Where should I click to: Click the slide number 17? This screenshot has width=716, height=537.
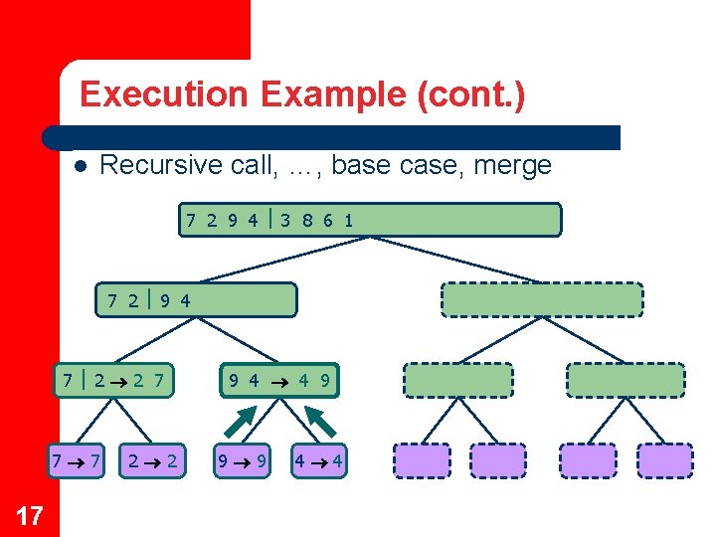click(x=30, y=514)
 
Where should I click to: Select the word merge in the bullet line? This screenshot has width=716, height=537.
click(x=512, y=165)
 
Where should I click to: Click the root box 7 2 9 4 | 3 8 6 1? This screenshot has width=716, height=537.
click(x=370, y=220)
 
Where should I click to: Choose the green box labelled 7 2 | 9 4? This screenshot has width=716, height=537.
click(x=197, y=299)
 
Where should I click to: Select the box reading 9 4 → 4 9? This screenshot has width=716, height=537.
click(x=279, y=379)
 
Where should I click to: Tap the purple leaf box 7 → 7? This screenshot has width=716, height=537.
click(x=77, y=460)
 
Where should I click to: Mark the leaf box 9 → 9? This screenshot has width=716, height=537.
click(x=243, y=460)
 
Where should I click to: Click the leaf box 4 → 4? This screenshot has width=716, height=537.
click(x=318, y=460)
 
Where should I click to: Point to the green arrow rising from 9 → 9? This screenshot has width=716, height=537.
click(x=238, y=422)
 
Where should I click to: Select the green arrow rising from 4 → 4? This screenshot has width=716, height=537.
click(x=323, y=422)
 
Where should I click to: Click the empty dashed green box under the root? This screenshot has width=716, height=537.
click(x=542, y=299)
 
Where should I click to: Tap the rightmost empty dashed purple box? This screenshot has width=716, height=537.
click(x=664, y=460)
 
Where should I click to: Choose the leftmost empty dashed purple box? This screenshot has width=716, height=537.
click(x=422, y=460)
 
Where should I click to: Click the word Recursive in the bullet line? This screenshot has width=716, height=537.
click(x=163, y=165)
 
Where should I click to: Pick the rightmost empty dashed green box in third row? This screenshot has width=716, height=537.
click(x=626, y=380)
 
